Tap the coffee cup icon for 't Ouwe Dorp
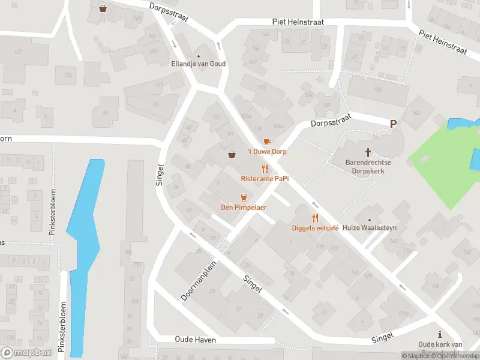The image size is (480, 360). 267,142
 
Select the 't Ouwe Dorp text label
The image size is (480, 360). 267,152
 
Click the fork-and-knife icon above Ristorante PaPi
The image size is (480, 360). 262,169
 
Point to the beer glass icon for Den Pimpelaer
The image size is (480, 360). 244,197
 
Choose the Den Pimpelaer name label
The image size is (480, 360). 244,208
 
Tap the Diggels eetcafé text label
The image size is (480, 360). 316,228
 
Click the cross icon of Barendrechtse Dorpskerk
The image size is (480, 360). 368,152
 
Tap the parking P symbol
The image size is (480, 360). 394,124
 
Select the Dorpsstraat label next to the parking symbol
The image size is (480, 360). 329,124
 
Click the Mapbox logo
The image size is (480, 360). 27,352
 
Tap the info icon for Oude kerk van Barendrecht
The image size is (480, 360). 440,334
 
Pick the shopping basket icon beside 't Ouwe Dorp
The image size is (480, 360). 232,154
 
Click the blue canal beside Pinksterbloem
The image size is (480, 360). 84,252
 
